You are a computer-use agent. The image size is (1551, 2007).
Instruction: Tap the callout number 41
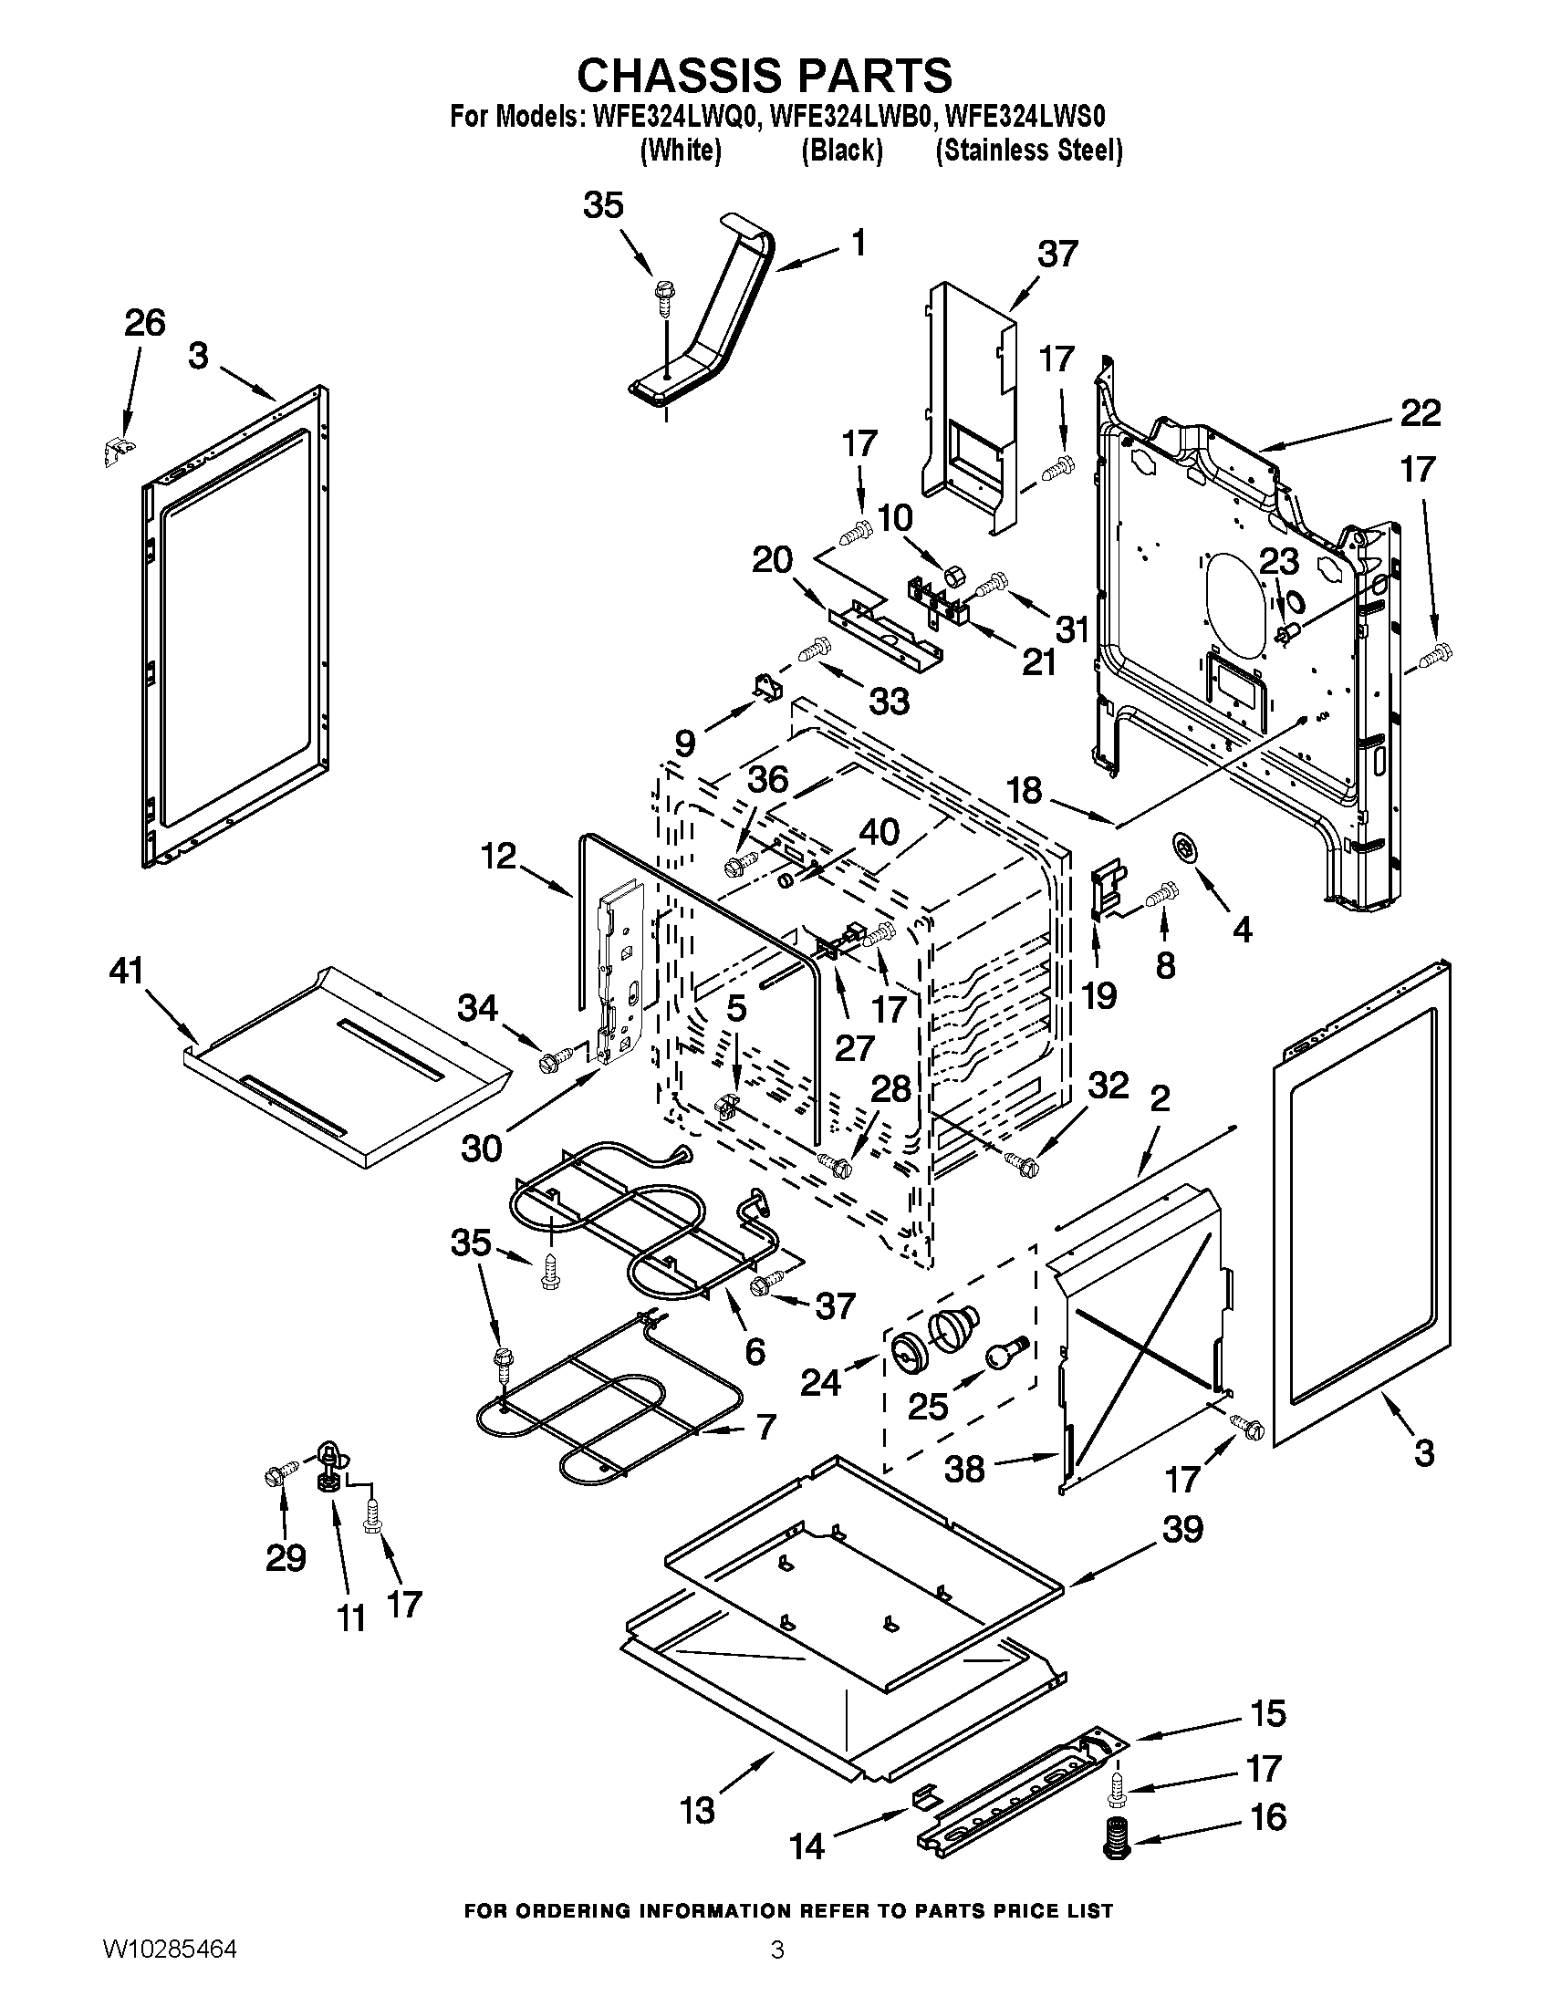click(x=127, y=971)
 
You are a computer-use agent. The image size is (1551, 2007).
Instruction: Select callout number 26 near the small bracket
click(x=144, y=324)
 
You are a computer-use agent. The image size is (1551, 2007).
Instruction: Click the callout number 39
click(x=1182, y=1529)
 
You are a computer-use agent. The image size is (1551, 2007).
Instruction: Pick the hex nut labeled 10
click(x=952, y=576)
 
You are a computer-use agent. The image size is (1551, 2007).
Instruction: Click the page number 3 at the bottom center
click(x=776, y=1971)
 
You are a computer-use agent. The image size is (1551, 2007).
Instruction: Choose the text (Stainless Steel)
click(x=1028, y=151)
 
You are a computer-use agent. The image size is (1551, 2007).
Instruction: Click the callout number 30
click(x=482, y=1147)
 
